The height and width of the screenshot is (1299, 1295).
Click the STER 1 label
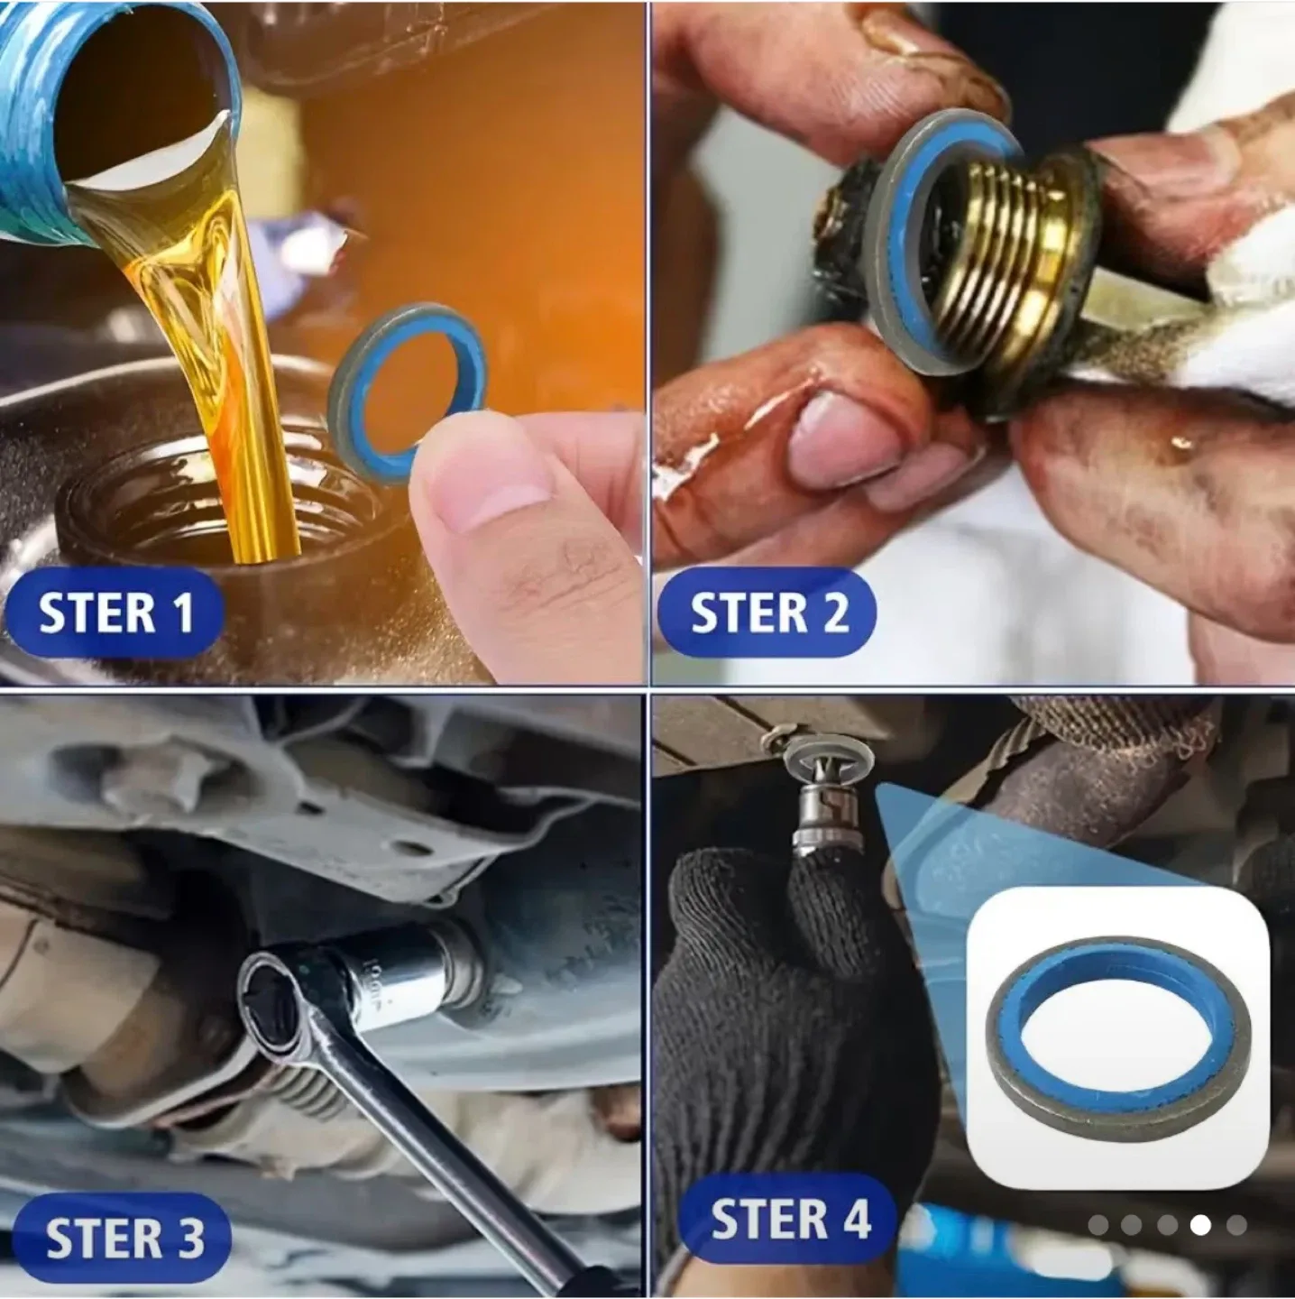click(x=115, y=613)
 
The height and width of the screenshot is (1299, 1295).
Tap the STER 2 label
click(x=767, y=613)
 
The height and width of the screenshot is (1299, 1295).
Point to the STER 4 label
click(x=789, y=1220)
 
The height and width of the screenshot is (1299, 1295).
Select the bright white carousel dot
click(x=1200, y=1224)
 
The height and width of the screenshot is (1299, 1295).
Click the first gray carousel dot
click(x=1098, y=1224)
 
